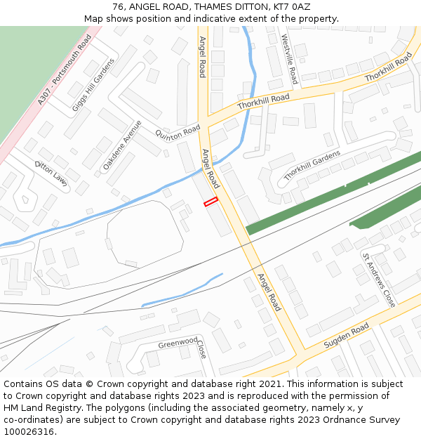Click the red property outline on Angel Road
point(210,202)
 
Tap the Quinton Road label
point(178,132)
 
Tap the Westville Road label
point(289,59)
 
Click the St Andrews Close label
point(379,280)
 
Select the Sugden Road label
point(346,336)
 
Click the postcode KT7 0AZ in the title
point(290,7)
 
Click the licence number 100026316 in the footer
point(28,431)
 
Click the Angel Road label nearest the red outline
point(210,169)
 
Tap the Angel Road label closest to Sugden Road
point(269,291)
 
